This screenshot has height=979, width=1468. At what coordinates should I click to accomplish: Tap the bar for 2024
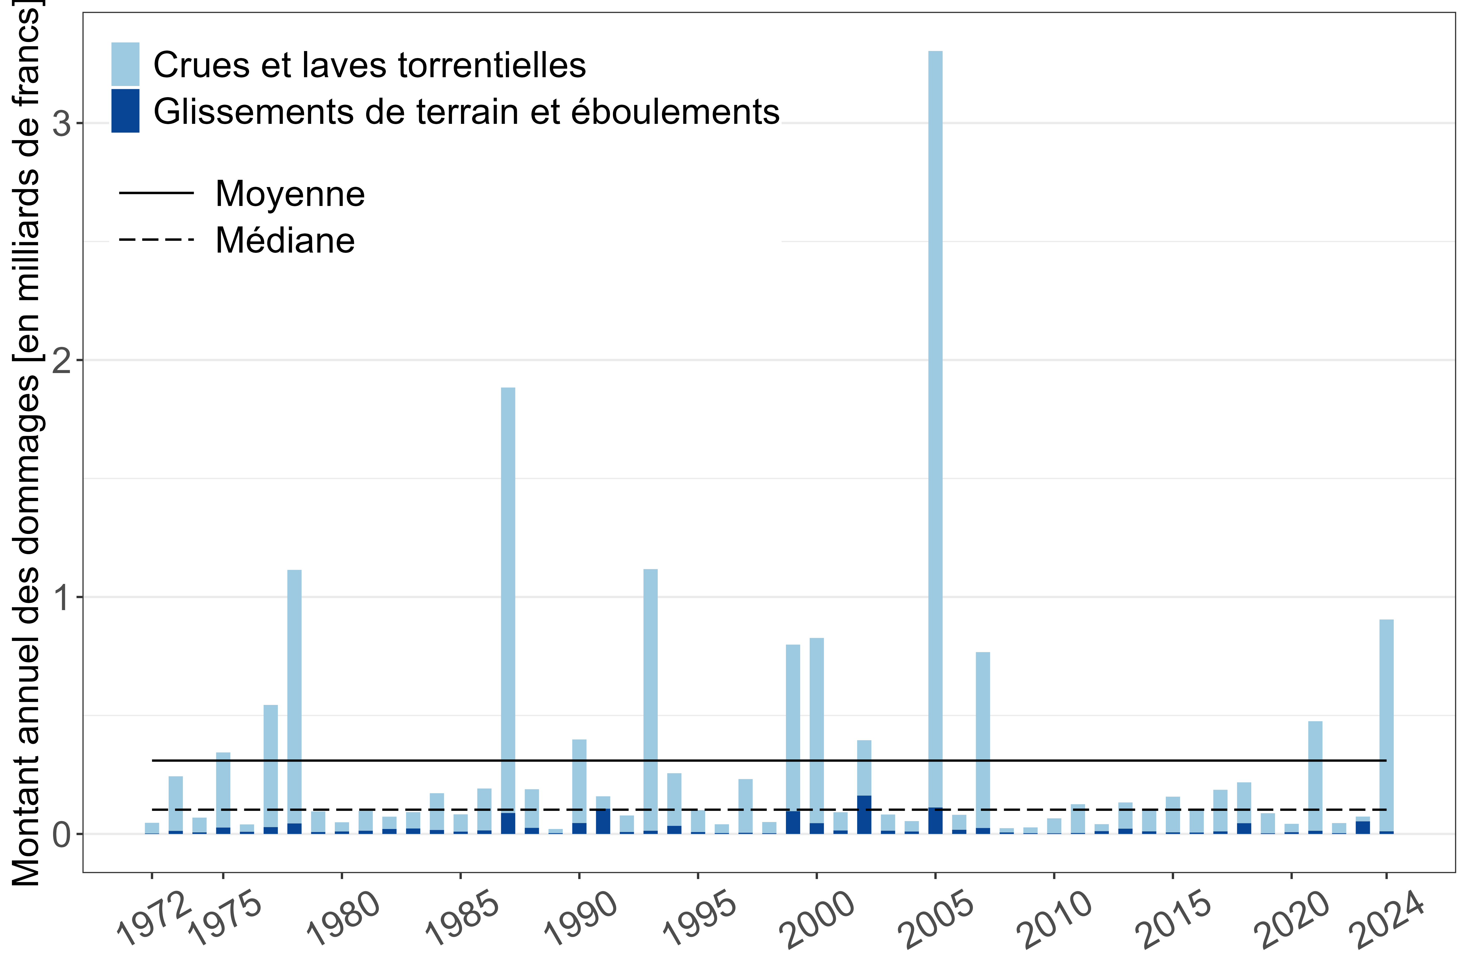click(1386, 724)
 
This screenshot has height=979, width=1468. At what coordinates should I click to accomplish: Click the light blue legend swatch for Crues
click(125, 64)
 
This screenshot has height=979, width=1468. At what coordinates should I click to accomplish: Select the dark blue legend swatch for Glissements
click(125, 111)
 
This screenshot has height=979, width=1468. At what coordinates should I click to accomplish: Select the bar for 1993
click(650, 699)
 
